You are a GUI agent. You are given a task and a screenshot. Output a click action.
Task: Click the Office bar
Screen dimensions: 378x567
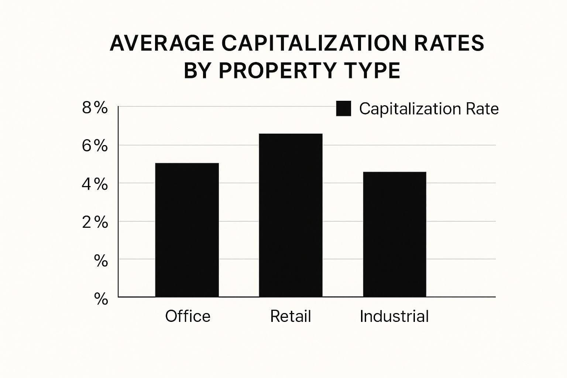[187, 230]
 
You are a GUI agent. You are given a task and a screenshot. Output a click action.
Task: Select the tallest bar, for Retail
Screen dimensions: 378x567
[291, 215]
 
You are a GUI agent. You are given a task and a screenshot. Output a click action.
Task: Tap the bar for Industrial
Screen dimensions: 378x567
[395, 234]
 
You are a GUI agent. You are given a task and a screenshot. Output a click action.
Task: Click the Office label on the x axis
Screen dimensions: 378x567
[188, 316]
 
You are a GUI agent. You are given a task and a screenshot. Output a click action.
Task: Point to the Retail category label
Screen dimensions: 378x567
[291, 316]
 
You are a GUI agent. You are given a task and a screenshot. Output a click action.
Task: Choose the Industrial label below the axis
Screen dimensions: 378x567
[394, 316]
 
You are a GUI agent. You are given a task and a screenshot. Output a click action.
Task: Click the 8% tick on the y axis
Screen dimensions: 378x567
[95, 108]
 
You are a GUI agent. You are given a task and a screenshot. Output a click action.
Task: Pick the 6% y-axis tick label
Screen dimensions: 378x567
[95, 146]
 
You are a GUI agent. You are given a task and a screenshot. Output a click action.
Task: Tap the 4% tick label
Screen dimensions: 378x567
[95, 184]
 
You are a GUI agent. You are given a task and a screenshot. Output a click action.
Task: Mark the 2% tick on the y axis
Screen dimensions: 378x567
[95, 223]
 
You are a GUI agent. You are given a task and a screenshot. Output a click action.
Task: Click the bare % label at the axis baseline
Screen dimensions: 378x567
[101, 299]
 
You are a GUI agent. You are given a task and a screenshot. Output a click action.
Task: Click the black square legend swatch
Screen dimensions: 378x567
[343, 109]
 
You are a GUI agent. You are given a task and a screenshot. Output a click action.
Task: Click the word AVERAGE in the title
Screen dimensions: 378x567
[162, 43]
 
